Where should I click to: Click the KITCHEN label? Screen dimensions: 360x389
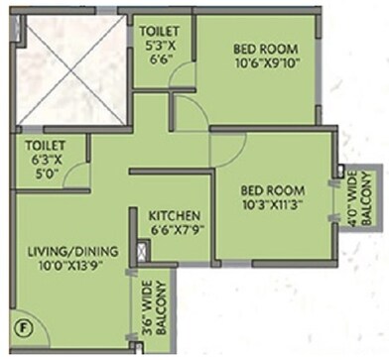[176, 215]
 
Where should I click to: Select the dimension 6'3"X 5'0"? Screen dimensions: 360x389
[46, 166]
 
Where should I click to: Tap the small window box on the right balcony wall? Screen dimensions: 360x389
[340, 171]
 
